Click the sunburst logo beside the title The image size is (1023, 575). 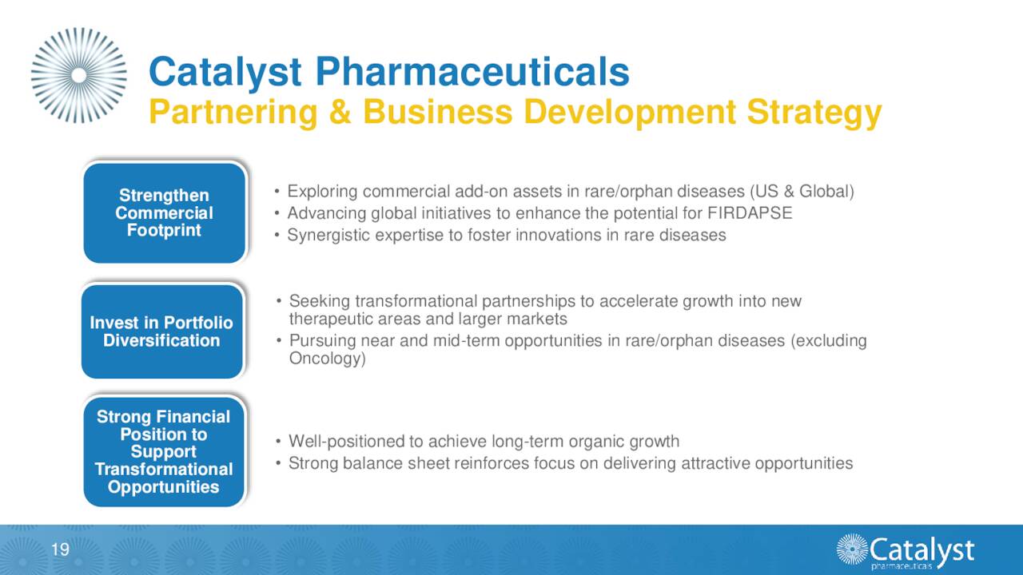78,75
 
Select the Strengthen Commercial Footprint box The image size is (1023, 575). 164,213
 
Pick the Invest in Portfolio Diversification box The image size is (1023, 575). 161,331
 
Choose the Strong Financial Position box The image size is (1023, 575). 164,452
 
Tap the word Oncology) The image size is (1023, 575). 327,359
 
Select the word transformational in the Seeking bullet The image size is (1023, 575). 416,301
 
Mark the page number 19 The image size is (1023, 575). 60,549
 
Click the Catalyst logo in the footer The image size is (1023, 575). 905,551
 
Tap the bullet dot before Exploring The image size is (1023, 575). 276,192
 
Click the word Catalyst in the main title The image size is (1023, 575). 225,72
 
